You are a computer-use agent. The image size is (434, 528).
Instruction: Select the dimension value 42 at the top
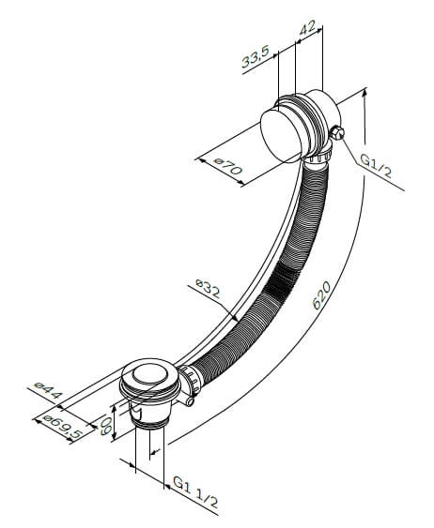tap(307, 28)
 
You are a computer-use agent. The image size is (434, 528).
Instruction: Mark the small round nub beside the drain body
tap(191, 401)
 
